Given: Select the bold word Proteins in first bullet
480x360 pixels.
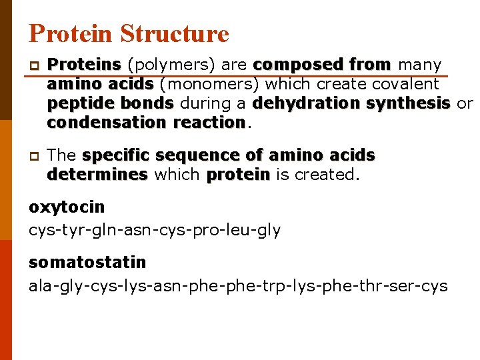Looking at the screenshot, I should (84, 65).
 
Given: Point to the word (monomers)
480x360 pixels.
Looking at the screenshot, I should (210, 84).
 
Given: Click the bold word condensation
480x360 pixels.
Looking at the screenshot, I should (107, 123).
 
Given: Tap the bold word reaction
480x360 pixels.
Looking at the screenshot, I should (209, 123).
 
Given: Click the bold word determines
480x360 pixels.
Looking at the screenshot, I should (97, 175).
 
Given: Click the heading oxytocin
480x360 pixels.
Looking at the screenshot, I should (67, 207).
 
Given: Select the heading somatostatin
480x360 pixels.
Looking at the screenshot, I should (87, 263).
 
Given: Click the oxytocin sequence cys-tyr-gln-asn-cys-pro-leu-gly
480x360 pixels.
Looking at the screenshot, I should (155, 231).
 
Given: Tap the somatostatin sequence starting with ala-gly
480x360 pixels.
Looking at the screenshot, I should (238, 287).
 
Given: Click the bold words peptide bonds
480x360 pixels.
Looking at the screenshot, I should (111, 103).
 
